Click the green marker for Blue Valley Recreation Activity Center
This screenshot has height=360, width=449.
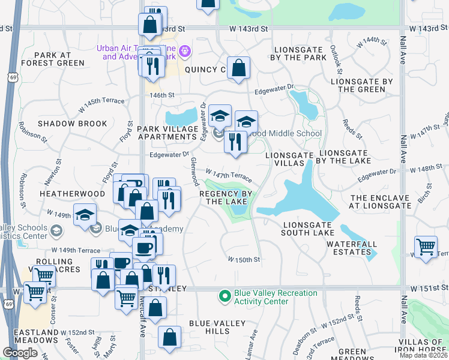(x=225, y=296)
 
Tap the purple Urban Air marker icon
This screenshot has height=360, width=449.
(x=185, y=52)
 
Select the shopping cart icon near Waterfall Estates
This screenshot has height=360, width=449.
(x=426, y=246)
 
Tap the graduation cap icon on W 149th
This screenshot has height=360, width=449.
(x=85, y=215)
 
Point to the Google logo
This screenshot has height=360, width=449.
(x=20, y=353)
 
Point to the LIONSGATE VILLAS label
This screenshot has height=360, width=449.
(x=289, y=159)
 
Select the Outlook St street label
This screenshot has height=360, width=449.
(x=337, y=56)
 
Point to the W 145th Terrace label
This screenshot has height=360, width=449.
(x=103, y=103)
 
